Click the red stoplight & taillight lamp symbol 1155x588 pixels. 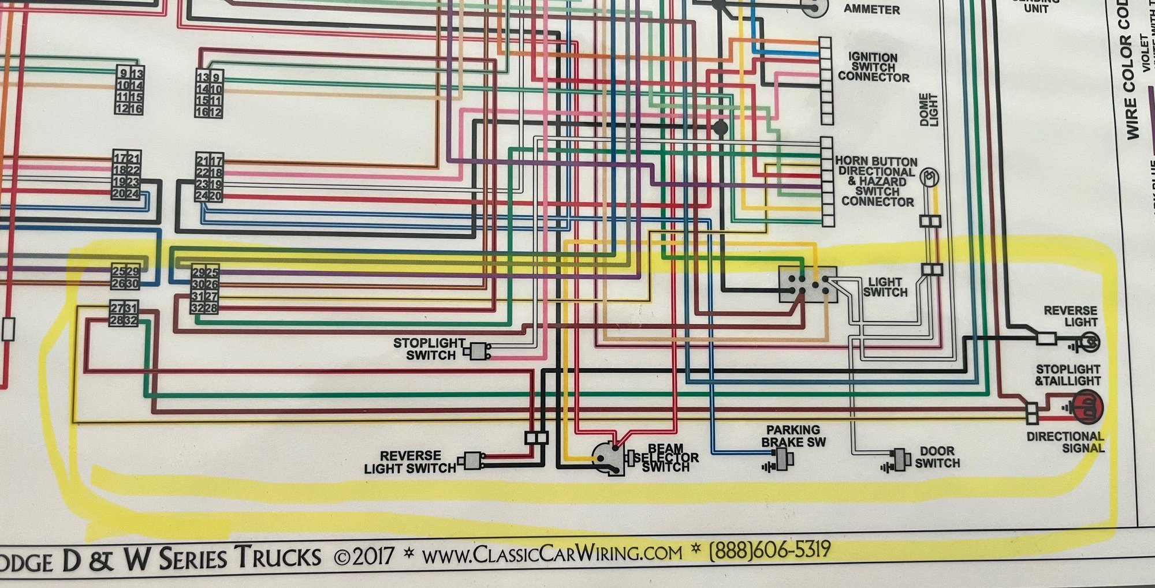click(1087, 406)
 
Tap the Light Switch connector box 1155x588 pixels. click(807, 284)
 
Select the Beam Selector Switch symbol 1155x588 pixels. click(610, 459)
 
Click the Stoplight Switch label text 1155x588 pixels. click(429, 349)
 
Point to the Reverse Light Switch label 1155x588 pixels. click(410, 462)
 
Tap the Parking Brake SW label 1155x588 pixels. click(793, 436)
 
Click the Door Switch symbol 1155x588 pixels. click(899, 459)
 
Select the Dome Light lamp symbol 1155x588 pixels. click(929, 177)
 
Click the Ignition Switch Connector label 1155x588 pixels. click(873, 68)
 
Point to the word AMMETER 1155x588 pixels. click(871, 9)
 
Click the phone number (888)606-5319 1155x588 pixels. click(769, 550)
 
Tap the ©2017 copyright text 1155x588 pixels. click(364, 557)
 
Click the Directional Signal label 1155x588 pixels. click(1065, 442)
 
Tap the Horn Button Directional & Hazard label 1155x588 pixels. click(877, 181)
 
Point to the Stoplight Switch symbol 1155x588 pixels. click(478, 351)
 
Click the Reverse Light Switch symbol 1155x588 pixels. click(472, 460)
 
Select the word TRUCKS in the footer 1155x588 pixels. click(278, 558)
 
